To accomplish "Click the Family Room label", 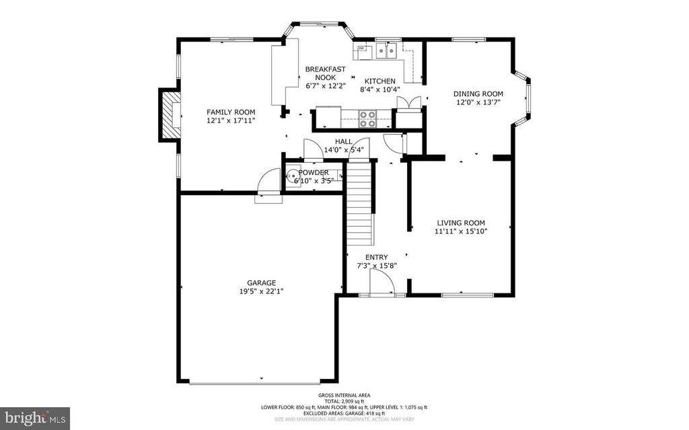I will point(231,112).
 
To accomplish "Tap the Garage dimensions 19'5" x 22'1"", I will point(261,291).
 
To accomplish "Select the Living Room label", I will point(461,223).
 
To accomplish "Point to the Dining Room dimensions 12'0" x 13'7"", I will point(478,102).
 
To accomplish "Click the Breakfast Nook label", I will point(325,73).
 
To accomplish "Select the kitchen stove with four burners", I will point(367,118).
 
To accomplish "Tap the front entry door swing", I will point(383,285).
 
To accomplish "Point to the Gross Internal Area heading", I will point(344,395).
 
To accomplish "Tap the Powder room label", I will point(313,172).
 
